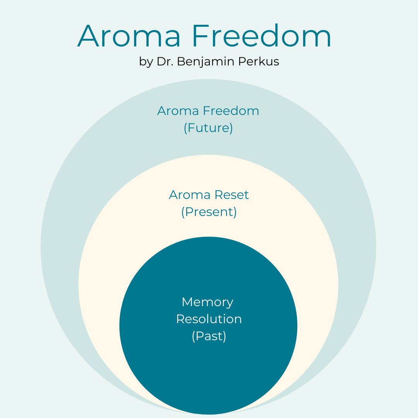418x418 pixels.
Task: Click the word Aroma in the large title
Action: [x=129, y=36]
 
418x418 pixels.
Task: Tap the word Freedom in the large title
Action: [x=262, y=36]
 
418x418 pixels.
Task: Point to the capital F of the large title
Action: [x=201, y=36]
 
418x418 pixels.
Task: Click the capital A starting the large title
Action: [x=89, y=36]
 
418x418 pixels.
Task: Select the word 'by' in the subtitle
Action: [x=146, y=62]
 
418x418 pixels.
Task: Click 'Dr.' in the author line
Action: [x=165, y=61]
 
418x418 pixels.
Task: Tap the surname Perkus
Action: [x=259, y=61]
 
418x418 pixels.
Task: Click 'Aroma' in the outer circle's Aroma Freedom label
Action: [x=178, y=111]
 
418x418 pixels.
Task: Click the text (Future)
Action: [x=208, y=128]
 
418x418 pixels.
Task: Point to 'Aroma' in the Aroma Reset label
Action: [x=190, y=195]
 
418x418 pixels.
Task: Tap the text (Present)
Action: [x=209, y=212]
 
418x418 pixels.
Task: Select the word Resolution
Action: [x=209, y=319]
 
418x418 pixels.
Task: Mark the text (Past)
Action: [x=209, y=336]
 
